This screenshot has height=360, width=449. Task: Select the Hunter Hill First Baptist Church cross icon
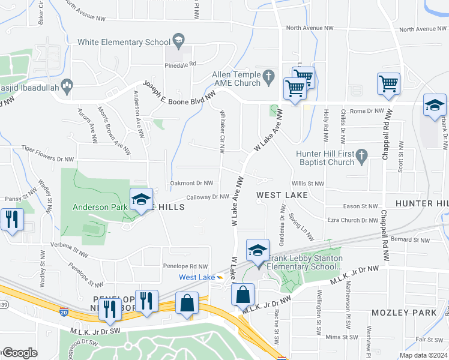click(x=361, y=157)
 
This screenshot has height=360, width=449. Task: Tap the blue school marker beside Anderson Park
click(x=140, y=200)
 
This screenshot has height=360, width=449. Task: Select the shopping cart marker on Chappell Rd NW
click(x=388, y=84)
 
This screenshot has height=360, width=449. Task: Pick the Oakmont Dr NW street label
click(x=191, y=183)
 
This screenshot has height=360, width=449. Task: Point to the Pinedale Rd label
click(x=181, y=64)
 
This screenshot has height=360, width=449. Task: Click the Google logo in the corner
click(x=20, y=353)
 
